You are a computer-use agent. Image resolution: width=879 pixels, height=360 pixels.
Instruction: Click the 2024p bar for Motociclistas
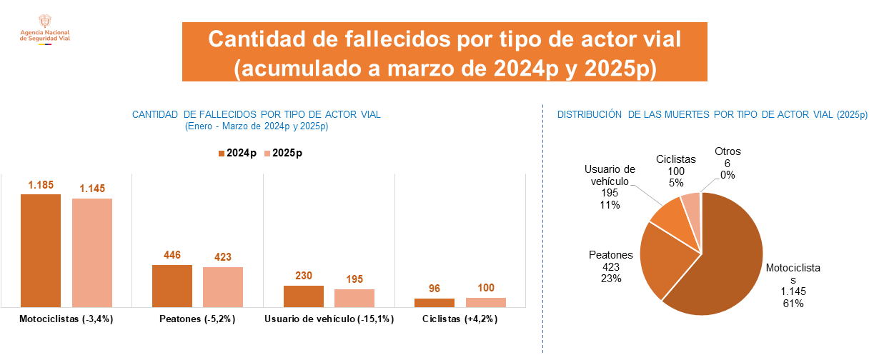coord(41,250)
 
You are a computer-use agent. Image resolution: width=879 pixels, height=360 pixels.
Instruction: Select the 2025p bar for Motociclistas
coord(92,252)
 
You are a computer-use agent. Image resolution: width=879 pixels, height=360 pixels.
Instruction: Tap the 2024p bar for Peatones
coord(172,286)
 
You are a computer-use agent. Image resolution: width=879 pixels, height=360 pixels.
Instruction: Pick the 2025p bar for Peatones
coord(223,287)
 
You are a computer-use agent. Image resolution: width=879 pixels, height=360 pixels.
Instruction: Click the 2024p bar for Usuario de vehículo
coord(304,296)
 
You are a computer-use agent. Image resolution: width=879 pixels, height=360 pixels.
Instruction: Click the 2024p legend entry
coord(237,154)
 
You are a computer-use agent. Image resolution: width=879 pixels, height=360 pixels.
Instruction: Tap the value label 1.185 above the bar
coord(41,186)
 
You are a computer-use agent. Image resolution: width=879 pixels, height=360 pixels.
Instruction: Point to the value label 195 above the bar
coord(354,279)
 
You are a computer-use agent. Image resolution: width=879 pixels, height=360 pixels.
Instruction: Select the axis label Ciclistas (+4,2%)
coord(460,319)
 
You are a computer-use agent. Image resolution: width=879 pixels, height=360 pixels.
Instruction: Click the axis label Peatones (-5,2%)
coord(197,319)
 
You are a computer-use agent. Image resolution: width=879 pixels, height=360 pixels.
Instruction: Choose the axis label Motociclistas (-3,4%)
coord(66,319)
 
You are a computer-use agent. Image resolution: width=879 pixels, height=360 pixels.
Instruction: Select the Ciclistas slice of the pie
coord(691,206)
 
